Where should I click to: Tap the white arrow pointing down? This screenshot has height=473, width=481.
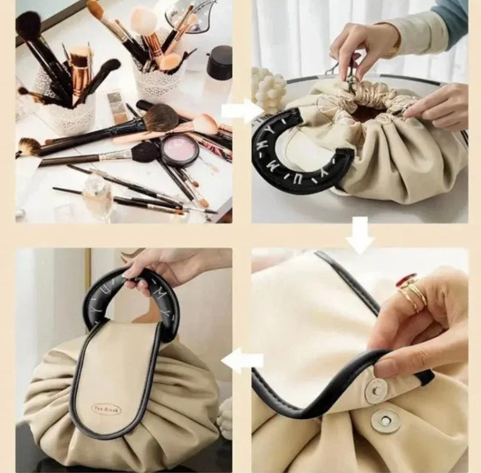pyautogui.click(x=360, y=234)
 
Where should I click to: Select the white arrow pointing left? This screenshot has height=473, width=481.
pyautogui.click(x=242, y=361)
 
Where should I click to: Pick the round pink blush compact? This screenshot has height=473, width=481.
pyautogui.click(x=180, y=150)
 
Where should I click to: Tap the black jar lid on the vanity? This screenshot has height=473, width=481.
pyautogui.click(x=220, y=62)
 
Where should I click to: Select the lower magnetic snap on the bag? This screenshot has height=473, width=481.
pyautogui.click(x=386, y=421)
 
